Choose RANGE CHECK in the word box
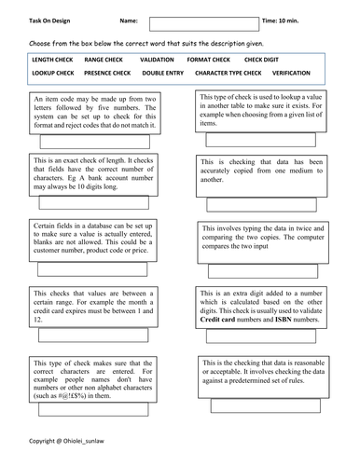[x=100, y=58]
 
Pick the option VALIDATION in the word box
[x=157, y=58]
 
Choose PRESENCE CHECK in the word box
[x=104, y=72]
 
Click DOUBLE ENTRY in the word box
[x=163, y=72]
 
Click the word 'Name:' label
[x=131, y=18]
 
